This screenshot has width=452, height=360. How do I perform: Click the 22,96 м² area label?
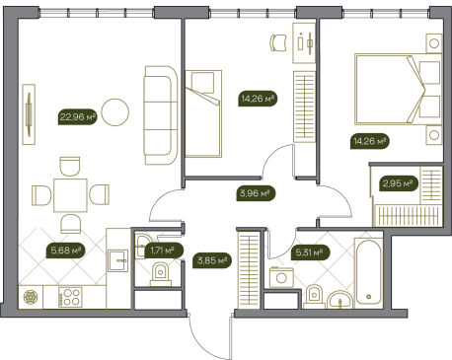point(78,116)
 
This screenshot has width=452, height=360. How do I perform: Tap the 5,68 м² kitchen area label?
point(65,251)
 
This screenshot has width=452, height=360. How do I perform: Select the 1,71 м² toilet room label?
point(164,251)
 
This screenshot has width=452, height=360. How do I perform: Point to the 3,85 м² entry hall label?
point(212,261)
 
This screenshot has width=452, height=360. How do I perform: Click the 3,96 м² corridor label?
point(256,193)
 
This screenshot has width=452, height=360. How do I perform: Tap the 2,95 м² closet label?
point(399,183)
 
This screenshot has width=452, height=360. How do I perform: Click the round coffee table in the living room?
point(114,112)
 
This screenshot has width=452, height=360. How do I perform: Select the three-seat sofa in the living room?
point(161,115)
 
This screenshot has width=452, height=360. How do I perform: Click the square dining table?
point(70,195)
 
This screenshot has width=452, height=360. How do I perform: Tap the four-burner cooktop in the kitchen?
point(70,297)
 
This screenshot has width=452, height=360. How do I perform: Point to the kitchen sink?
point(118,260)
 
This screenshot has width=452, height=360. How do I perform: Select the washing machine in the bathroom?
point(281,277)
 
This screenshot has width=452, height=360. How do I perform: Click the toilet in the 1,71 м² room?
point(161,274)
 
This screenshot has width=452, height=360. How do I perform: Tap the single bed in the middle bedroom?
point(203,113)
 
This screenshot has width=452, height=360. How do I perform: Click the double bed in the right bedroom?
point(398,90)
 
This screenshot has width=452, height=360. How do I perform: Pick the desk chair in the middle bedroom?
point(278,42)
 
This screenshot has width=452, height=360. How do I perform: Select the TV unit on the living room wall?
point(29,114)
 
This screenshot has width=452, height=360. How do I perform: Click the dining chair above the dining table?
point(70,167)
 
